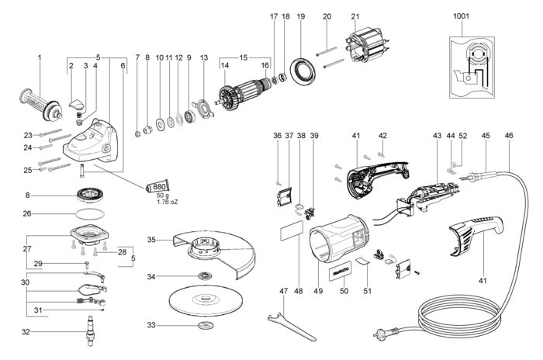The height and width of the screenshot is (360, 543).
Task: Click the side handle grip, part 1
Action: [x=40, y=105]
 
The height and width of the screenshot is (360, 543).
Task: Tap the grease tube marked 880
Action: [x=158, y=187]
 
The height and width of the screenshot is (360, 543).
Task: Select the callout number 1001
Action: [x=461, y=16]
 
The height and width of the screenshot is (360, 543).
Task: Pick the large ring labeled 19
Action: [x=303, y=72]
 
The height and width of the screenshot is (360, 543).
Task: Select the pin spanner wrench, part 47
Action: [x=291, y=325]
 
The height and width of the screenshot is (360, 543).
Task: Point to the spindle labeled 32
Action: [x=91, y=331]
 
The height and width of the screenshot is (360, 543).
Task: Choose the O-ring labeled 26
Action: [x=89, y=214]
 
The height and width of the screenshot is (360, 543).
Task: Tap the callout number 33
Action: [x=151, y=325]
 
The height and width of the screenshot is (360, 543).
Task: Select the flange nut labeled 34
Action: [x=206, y=276]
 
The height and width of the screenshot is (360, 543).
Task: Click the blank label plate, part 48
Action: [x=291, y=231]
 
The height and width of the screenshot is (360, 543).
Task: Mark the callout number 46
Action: [x=509, y=136]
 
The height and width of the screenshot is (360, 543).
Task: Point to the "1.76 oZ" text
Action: [x=167, y=202]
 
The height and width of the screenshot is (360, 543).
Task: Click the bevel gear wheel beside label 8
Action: [x=89, y=195]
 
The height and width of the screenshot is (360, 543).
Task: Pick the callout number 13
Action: [x=204, y=57]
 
